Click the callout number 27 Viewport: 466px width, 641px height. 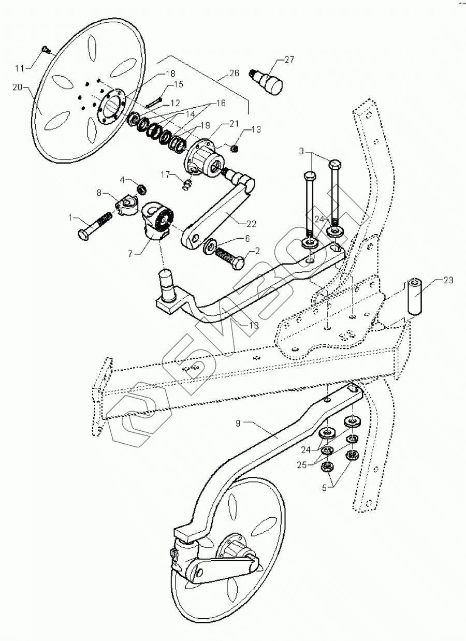click(x=289, y=60)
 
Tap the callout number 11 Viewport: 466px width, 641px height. click(x=19, y=68)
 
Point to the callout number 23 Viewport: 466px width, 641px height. click(x=448, y=280)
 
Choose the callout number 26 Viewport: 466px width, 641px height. click(x=234, y=73)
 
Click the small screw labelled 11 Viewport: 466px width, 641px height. click(x=46, y=50)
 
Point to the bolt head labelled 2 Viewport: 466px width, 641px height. click(x=239, y=264)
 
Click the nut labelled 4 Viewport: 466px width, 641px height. click(x=140, y=187)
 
